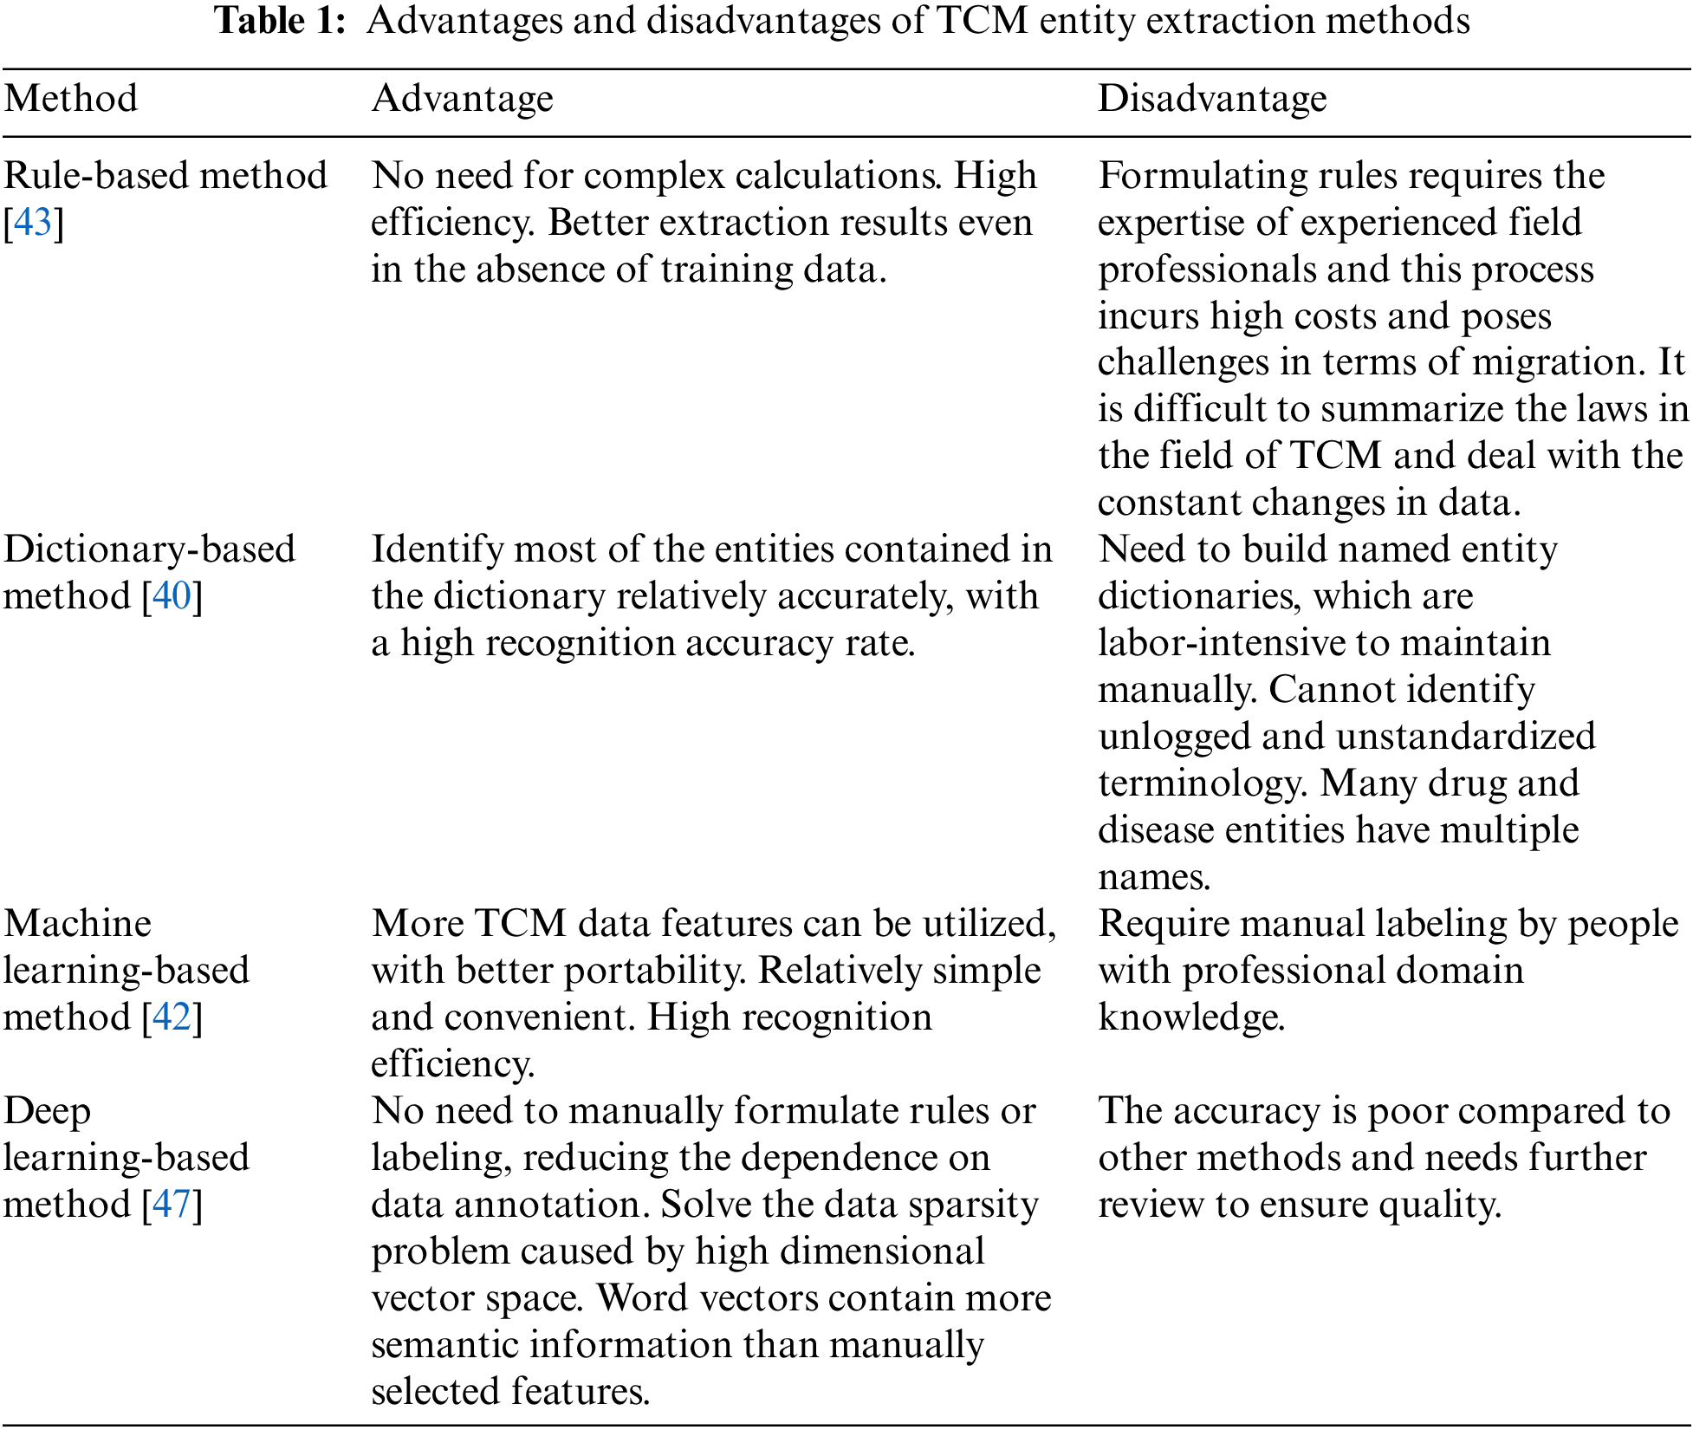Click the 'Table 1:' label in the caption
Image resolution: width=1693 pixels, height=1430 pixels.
280,21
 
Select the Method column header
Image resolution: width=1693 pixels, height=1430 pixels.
71,99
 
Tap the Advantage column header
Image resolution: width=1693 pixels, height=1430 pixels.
462,99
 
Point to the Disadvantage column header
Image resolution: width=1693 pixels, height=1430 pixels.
1211,99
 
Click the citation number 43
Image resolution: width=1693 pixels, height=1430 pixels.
33,223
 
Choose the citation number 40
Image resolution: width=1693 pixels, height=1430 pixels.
172,596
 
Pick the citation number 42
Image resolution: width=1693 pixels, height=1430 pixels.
172,1017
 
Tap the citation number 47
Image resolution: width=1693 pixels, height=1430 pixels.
172,1205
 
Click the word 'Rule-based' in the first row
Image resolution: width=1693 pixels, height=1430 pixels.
95,176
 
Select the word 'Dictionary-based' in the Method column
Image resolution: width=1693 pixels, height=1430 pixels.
149,549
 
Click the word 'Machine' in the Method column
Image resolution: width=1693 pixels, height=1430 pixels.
77,924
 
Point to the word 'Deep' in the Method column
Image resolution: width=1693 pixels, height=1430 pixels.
47,1111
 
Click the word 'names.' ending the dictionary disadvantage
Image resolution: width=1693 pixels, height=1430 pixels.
1153,877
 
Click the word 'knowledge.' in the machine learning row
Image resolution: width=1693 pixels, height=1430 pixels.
1190,1017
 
